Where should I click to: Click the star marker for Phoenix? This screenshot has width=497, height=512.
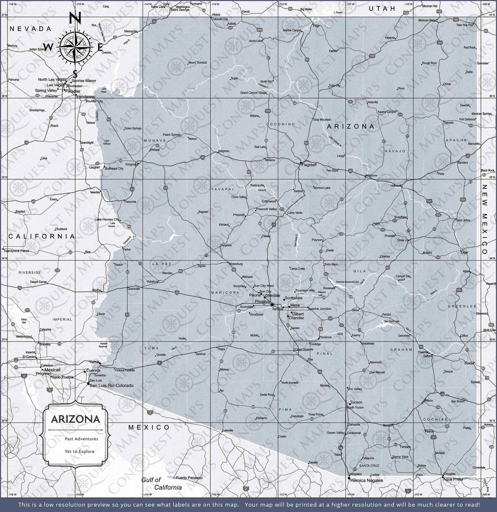pyautogui.click(x=272, y=305)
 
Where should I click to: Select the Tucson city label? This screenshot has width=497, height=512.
pyautogui.click(x=356, y=402)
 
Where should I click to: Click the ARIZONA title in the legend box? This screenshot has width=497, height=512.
pyautogui.click(x=76, y=419)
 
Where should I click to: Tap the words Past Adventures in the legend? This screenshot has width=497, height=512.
pyautogui.click(x=81, y=439)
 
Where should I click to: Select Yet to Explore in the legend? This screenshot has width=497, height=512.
pyautogui.click(x=80, y=451)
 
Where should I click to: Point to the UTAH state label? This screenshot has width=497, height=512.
pyautogui.click(x=382, y=9)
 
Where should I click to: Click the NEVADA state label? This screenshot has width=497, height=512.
pyautogui.click(x=31, y=29)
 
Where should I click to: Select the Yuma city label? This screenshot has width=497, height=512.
pyautogui.click(x=94, y=362)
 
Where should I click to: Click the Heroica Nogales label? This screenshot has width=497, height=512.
pyautogui.click(x=366, y=480)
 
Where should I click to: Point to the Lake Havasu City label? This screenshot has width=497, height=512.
pyautogui.click(x=107, y=219)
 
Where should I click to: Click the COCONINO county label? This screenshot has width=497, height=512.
pyautogui.click(x=281, y=124)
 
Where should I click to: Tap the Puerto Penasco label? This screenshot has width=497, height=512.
pyautogui.click(x=189, y=478)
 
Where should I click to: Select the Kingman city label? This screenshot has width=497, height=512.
pyautogui.click(x=131, y=164)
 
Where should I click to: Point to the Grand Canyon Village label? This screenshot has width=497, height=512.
pyautogui.click(x=253, y=93)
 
